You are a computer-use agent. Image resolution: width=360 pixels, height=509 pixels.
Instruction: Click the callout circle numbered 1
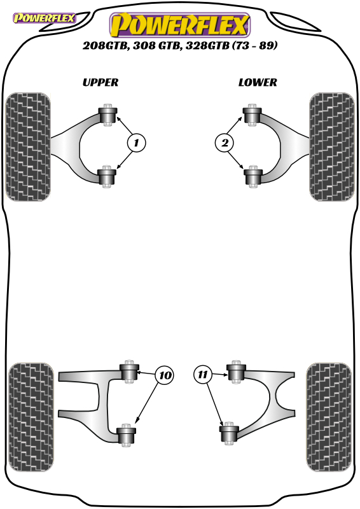136,143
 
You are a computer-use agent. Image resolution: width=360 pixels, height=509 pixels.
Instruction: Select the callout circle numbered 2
225,143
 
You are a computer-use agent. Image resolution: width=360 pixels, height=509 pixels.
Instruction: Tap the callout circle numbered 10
165,375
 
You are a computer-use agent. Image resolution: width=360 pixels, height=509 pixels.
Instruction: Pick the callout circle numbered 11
202,375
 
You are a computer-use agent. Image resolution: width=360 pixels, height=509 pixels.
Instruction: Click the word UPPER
100,83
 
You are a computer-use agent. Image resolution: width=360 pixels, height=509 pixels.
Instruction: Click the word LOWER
258,83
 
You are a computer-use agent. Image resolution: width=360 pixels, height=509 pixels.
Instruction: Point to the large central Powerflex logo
180,25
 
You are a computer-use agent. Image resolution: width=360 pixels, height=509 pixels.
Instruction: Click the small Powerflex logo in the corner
44,18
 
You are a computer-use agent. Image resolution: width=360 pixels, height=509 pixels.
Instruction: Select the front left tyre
28,147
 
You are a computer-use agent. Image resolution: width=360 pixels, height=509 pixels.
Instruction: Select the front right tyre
332,147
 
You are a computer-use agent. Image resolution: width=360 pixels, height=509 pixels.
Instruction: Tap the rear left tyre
31,417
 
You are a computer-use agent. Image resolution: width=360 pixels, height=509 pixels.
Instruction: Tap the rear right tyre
328,417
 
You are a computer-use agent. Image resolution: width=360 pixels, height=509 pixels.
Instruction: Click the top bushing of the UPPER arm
107,115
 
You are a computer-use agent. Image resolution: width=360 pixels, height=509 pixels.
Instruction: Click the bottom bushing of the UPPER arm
107,177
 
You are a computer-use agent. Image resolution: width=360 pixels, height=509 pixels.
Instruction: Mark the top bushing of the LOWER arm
253,115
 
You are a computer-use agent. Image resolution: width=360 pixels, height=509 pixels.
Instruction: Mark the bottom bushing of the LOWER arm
253,177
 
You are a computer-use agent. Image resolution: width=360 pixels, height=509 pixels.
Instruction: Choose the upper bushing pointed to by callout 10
130,372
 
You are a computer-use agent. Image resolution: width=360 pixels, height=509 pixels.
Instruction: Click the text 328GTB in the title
207,45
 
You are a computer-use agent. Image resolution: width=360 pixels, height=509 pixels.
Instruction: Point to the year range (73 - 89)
255,45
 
